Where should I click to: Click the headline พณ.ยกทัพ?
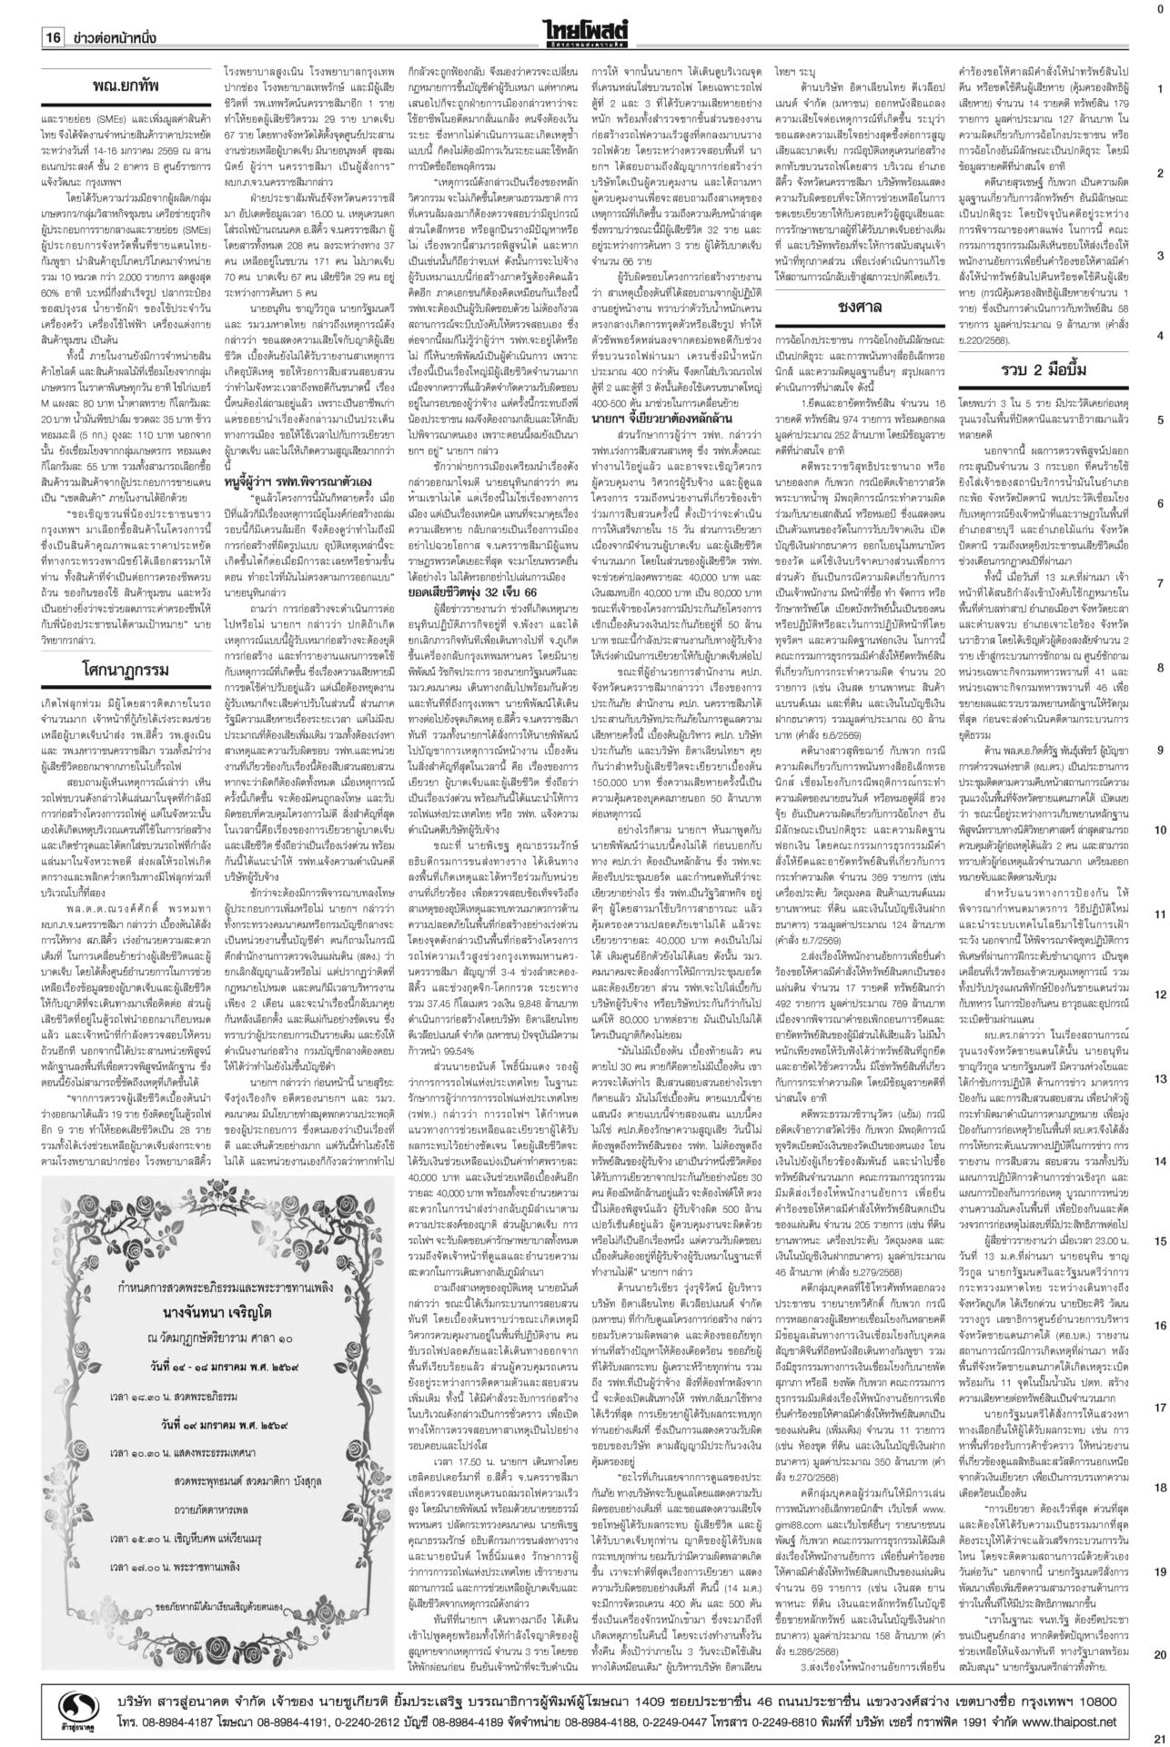pos(126,87)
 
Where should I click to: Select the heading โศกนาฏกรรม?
pos(126,671)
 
